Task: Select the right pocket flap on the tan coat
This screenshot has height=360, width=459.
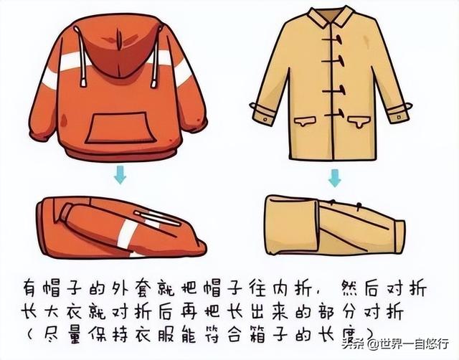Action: pyautogui.click(x=363, y=120)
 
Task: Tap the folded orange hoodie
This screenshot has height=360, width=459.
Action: pyautogui.click(x=115, y=226)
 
